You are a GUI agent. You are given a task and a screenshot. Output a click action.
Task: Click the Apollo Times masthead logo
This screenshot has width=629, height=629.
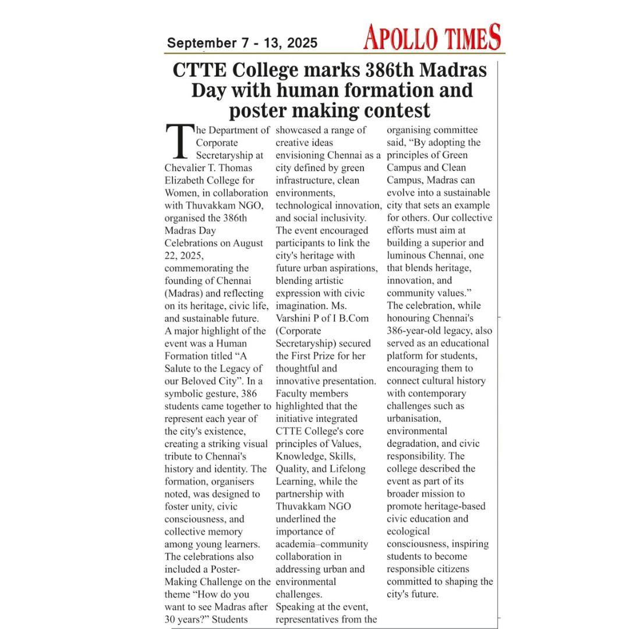click(432, 38)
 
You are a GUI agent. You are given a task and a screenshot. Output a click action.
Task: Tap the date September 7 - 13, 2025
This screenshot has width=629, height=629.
click(242, 43)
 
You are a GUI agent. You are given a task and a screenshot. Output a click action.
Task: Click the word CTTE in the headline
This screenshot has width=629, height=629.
click(199, 71)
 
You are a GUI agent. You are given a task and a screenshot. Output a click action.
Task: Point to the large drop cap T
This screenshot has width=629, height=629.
click(178, 142)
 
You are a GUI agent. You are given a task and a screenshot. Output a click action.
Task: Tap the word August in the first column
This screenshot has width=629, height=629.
click(248, 243)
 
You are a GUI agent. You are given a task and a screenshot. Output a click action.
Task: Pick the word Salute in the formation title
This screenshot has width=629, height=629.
click(180, 369)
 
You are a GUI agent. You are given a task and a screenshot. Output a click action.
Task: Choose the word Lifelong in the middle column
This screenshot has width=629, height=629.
click(347, 469)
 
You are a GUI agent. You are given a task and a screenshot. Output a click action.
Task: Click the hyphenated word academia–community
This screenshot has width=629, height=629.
click(322, 544)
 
